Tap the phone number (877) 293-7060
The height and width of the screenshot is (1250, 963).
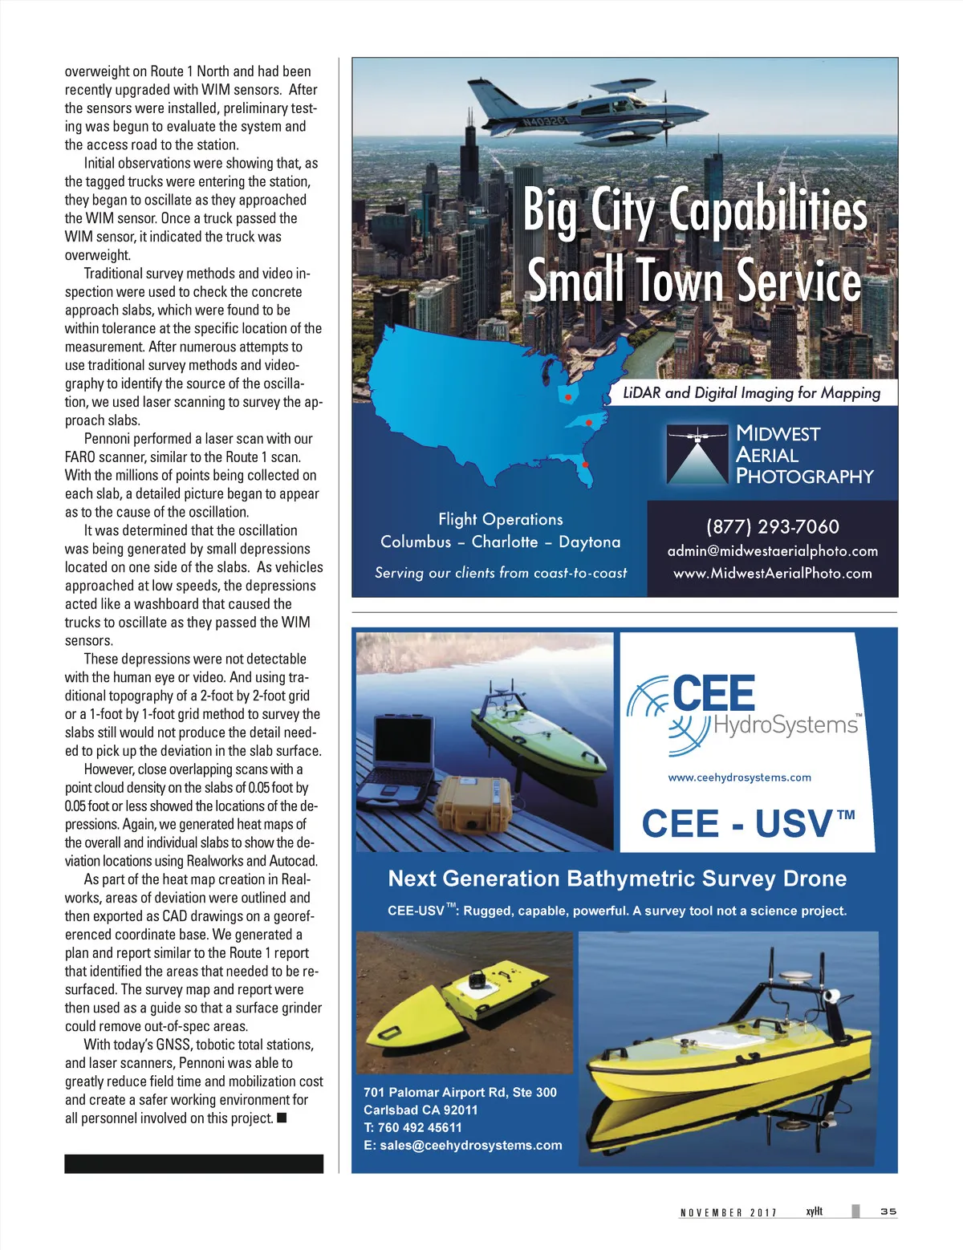pyautogui.click(x=772, y=526)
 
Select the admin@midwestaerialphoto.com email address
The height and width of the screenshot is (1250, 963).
pyautogui.click(x=772, y=551)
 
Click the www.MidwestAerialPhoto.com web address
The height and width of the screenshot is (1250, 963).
pyautogui.click(x=772, y=573)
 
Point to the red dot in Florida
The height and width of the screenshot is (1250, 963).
pyautogui.click(x=586, y=465)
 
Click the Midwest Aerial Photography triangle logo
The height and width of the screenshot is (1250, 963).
pyautogui.click(x=696, y=455)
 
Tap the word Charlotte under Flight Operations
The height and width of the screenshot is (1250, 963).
pyautogui.click(x=505, y=542)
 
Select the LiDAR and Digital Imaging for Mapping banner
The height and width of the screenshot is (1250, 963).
pyautogui.click(x=751, y=392)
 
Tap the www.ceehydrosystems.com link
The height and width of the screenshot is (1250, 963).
pyautogui.click(x=739, y=777)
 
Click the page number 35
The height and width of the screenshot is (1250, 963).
pyautogui.click(x=888, y=1211)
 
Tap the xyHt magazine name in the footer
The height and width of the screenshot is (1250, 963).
pyautogui.click(x=815, y=1211)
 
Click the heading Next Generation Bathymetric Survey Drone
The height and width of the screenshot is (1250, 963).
pyautogui.click(x=617, y=879)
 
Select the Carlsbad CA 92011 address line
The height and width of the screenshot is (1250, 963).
pyautogui.click(x=421, y=1110)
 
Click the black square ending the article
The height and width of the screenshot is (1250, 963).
pyautogui.click(x=282, y=1118)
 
